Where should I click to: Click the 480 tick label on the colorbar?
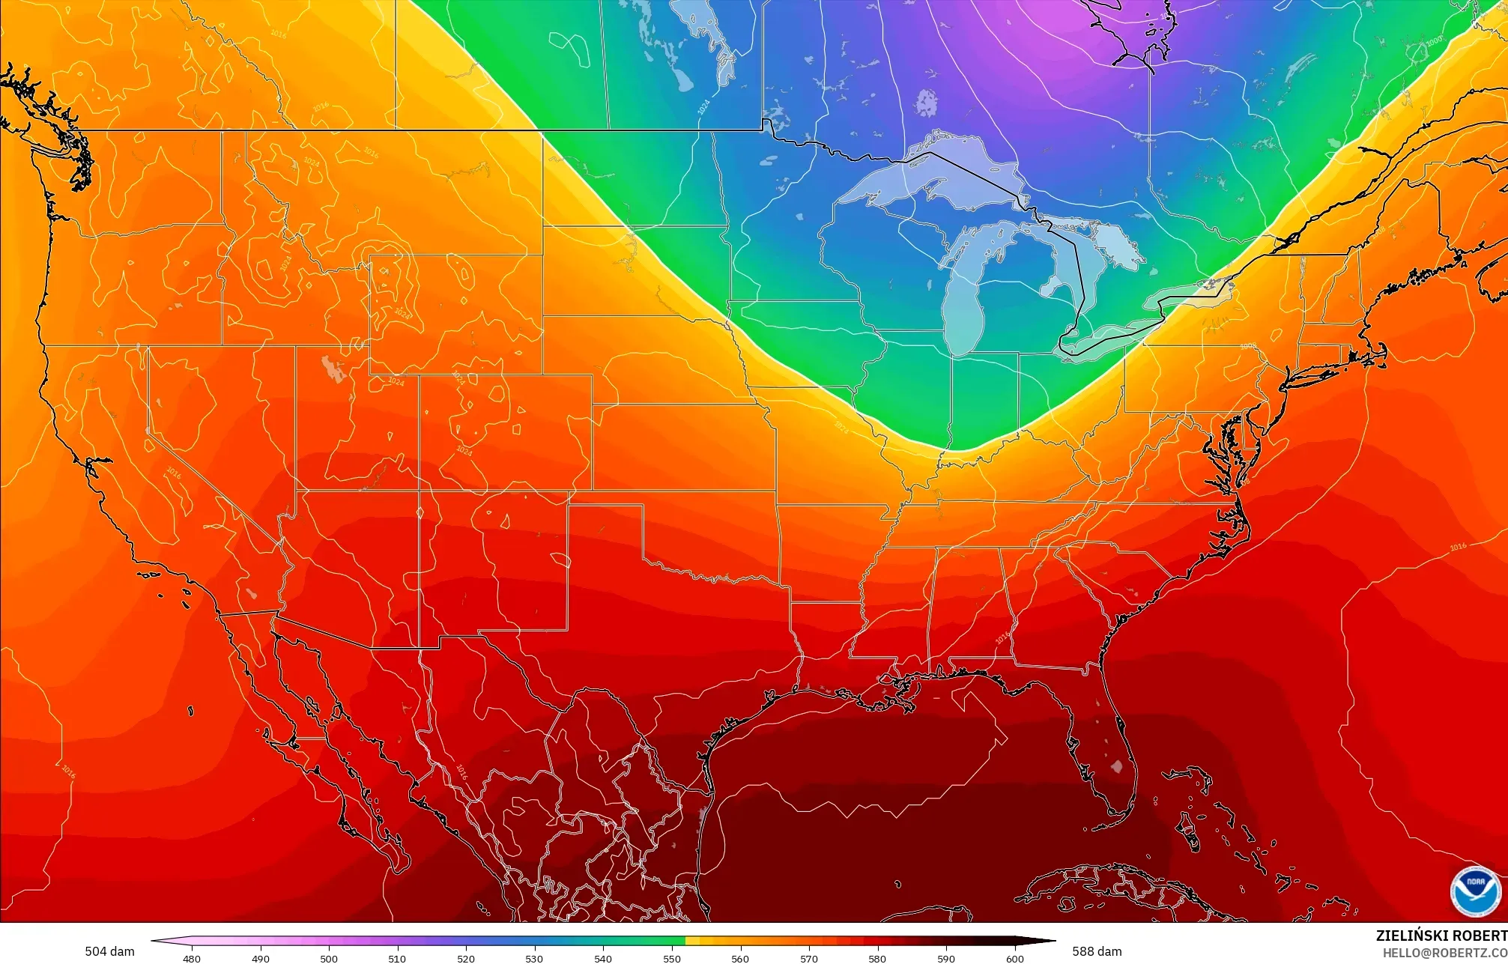click(x=192, y=958)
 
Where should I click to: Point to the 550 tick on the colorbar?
click(x=672, y=958)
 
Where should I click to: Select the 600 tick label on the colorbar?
click(x=1014, y=958)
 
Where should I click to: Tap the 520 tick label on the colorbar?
click(x=466, y=958)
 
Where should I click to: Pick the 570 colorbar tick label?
click(x=809, y=958)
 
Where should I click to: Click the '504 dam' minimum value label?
click(x=109, y=951)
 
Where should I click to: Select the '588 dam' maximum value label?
click(x=1097, y=951)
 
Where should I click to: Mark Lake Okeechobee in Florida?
click(x=1117, y=767)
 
